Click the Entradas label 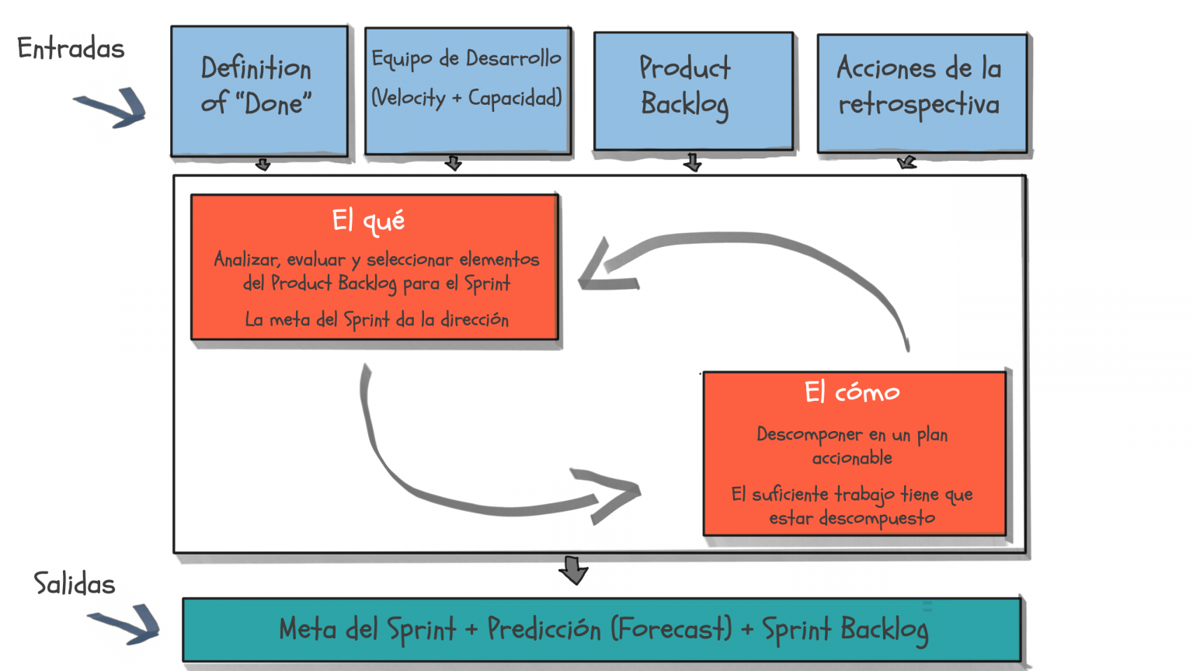tap(71, 49)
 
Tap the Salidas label tap(75, 584)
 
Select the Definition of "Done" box tap(259, 91)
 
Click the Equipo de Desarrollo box tap(468, 91)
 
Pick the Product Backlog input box tap(693, 91)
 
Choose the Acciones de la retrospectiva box tap(922, 92)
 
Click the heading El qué tap(368, 221)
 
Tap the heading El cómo tap(852, 392)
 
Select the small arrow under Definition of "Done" tap(263, 165)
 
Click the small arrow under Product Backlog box tap(693, 162)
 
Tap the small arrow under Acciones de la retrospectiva tap(906, 162)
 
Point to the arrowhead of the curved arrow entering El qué tap(602, 269)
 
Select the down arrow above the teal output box tap(573, 570)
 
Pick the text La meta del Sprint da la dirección tap(377, 320)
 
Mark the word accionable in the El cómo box tap(852, 458)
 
